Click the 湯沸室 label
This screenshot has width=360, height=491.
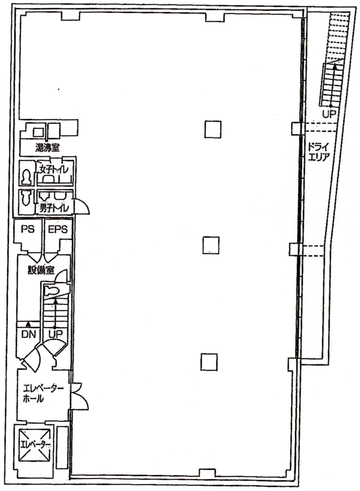48,148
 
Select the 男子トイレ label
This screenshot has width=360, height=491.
54,208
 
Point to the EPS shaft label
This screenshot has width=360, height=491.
58,229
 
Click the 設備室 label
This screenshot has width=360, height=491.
41,270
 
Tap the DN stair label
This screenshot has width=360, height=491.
29,334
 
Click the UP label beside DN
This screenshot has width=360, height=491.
56,334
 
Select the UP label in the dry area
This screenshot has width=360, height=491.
329,114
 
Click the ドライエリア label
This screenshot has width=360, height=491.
319,152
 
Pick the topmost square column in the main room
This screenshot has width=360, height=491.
213,129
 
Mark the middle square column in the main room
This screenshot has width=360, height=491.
211,245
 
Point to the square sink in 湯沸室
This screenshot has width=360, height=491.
38,133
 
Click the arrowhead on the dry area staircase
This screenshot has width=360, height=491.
335,66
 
